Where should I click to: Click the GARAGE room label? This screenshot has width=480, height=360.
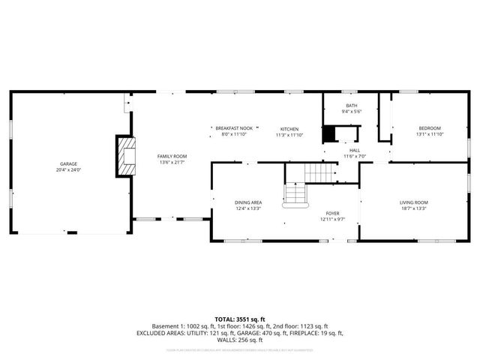69,163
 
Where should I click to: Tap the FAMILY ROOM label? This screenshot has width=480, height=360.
171,156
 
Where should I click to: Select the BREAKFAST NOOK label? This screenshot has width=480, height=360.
233,128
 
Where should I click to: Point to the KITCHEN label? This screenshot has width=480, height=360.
289,128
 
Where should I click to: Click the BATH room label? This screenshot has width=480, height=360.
352,106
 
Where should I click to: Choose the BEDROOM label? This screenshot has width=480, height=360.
430,128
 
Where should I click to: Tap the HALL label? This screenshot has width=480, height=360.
354,150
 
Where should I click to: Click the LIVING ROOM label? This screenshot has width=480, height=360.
413,202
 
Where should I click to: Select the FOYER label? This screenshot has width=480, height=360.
332,213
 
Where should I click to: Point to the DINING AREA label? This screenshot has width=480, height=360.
248,202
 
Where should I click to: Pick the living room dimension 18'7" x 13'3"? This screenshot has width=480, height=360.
413,208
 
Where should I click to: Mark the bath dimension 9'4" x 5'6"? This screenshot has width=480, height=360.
352,112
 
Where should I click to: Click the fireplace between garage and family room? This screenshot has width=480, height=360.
127,156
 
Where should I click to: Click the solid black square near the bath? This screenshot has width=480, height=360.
329,134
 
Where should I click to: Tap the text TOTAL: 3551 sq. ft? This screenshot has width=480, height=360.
239,319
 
